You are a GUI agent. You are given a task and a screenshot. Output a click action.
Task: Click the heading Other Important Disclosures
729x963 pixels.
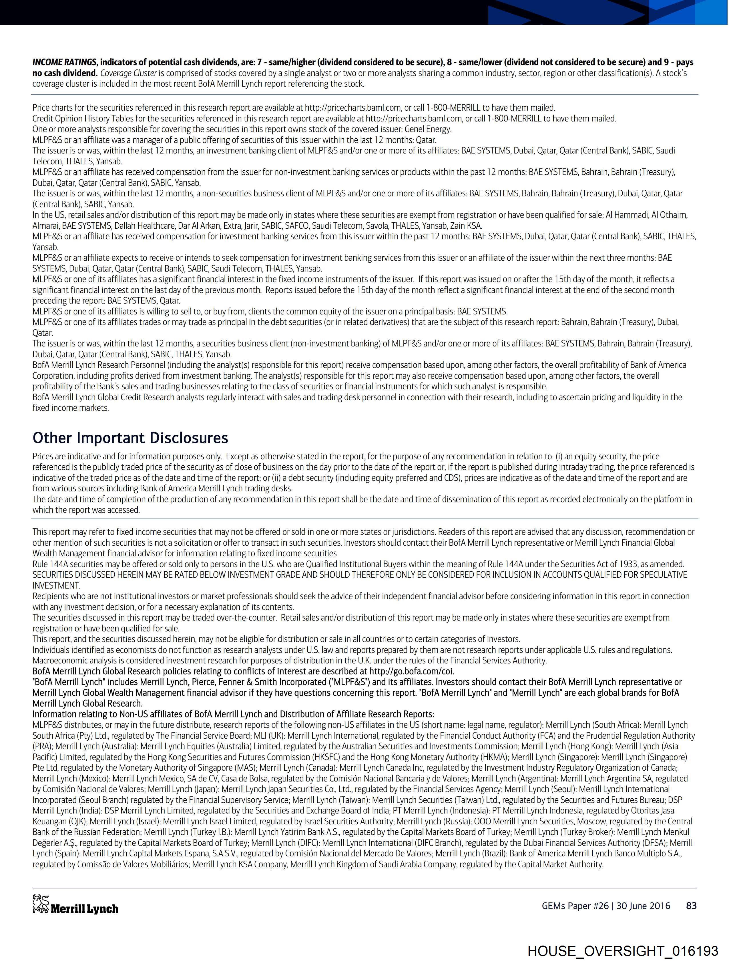(130, 438)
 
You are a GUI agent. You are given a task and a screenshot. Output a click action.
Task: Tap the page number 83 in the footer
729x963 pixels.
(691, 906)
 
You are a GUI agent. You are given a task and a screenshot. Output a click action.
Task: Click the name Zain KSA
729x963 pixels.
(467, 226)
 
